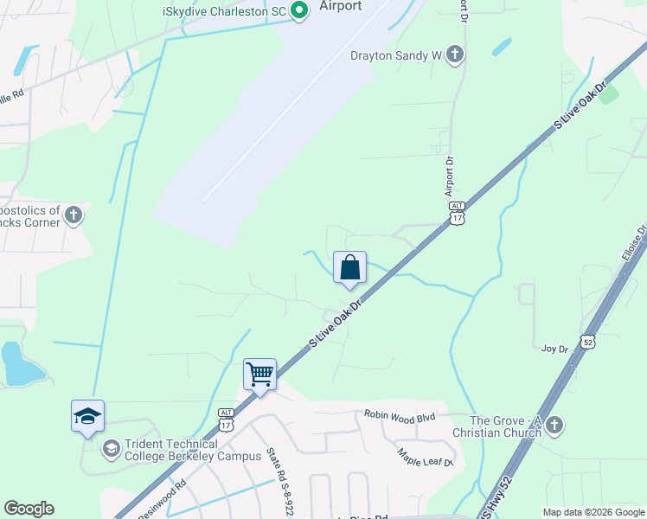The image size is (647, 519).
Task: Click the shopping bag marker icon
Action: [x=349, y=267]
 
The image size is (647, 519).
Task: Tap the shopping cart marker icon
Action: [x=259, y=375]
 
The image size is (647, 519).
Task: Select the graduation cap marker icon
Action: [x=87, y=416]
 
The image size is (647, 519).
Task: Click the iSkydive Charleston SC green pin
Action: [x=299, y=10]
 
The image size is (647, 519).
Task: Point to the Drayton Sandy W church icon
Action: [x=455, y=55]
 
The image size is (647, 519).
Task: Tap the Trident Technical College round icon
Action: [x=111, y=448]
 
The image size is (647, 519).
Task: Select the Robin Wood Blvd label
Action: [x=399, y=416]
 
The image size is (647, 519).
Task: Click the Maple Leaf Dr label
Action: [x=426, y=457]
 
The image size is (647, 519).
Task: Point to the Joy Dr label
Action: [x=554, y=349]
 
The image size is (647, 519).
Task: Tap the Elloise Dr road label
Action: [x=635, y=249]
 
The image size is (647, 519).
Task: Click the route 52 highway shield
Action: [x=587, y=342]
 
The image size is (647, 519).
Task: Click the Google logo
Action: [x=29, y=509]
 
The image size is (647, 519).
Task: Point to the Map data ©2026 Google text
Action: [x=593, y=512]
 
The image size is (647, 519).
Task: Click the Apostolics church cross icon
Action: [x=74, y=215]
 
